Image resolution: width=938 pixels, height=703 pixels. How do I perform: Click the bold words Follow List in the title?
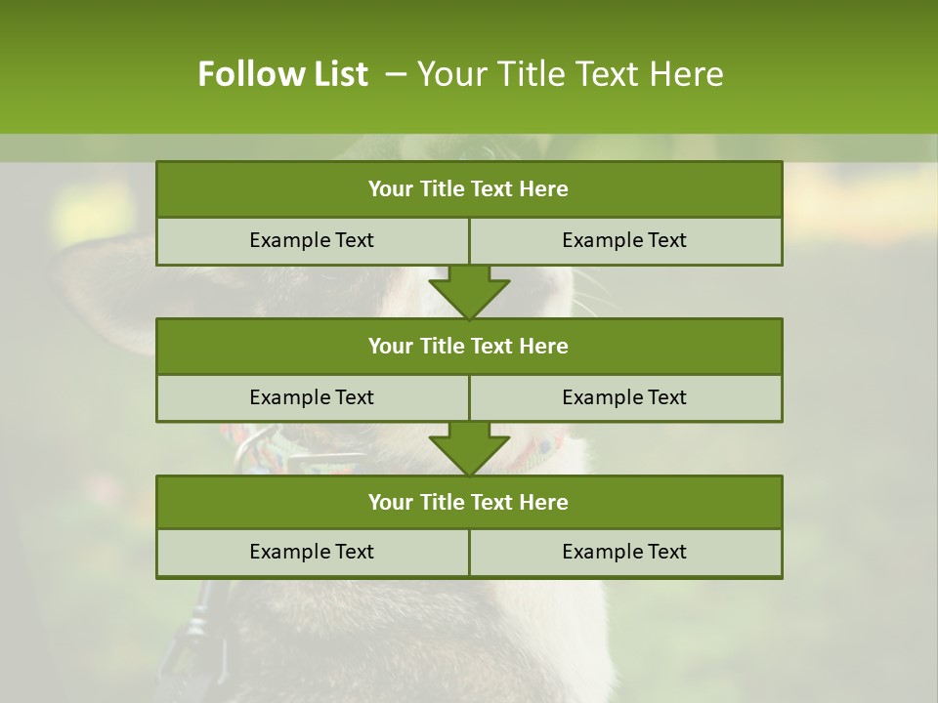[x=282, y=74]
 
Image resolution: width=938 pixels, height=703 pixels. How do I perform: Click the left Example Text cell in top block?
[x=312, y=240]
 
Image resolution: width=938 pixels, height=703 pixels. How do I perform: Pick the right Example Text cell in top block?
[x=624, y=240]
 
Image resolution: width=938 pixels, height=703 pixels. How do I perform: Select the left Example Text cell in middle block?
[x=312, y=397]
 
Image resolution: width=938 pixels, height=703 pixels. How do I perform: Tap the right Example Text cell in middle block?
[x=624, y=397]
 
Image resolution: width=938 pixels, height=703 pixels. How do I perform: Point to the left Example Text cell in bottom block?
[x=312, y=552]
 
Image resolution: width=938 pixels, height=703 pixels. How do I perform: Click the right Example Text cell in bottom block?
[x=624, y=552]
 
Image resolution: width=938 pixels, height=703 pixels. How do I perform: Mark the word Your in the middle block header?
[x=390, y=346]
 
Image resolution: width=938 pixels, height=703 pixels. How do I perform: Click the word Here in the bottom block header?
[x=544, y=502]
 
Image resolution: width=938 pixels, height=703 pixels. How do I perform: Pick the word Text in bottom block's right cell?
[x=664, y=552]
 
